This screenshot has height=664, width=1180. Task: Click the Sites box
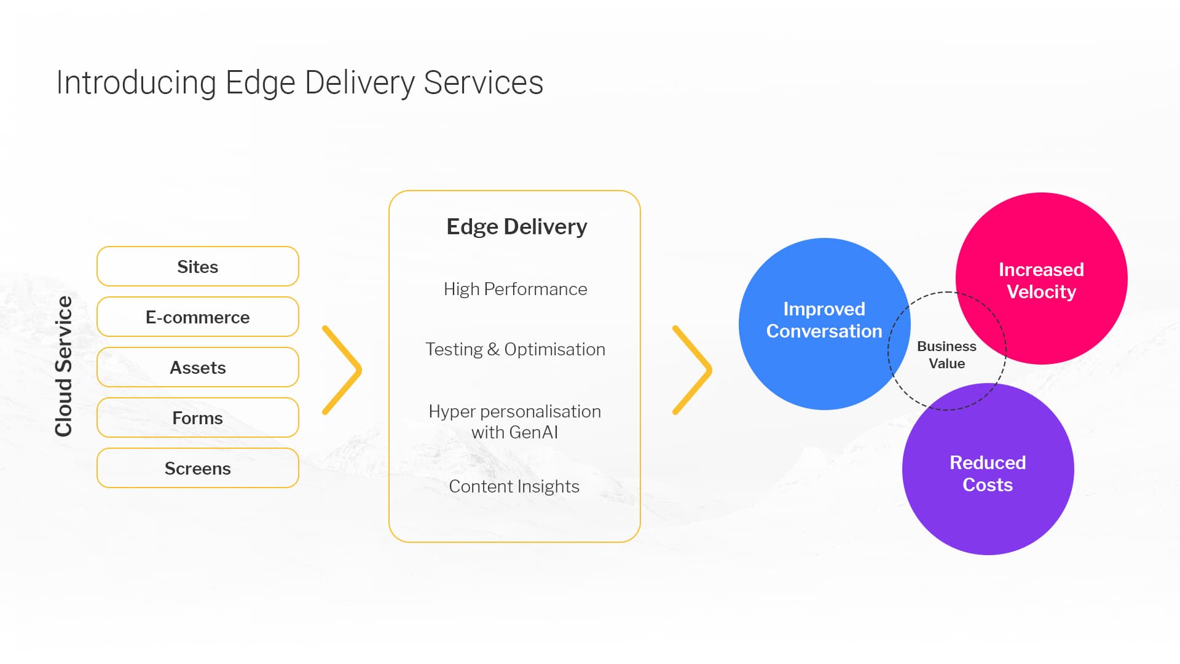[x=197, y=266]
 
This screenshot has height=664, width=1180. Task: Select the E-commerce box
[x=197, y=317]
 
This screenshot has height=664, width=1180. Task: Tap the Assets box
[x=197, y=367]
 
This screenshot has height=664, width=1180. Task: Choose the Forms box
[x=197, y=417]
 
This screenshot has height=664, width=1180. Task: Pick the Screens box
[x=197, y=468]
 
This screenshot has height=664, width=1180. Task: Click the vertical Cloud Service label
[x=64, y=366]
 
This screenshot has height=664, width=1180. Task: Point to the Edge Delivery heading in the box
[x=516, y=226]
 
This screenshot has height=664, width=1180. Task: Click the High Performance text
[x=515, y=289]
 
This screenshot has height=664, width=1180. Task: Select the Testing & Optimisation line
[x=515, y=349]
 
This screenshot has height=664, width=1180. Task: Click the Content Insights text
[x=514, y=486]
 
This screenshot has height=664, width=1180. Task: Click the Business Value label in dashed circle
[x=946, y=355]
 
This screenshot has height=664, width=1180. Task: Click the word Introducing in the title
[x=136, y=83]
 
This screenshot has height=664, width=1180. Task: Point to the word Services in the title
[x=483, y=83]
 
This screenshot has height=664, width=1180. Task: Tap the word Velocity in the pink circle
[x=1041, y=291]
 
